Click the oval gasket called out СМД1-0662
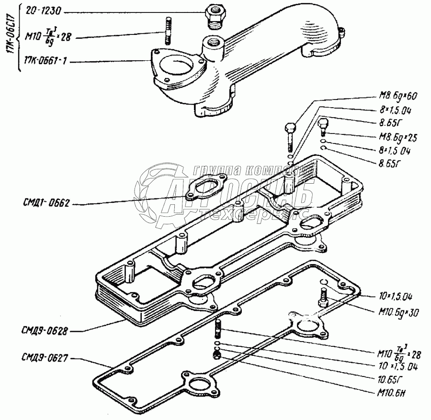pyautogui.click(x=200, y=188)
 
